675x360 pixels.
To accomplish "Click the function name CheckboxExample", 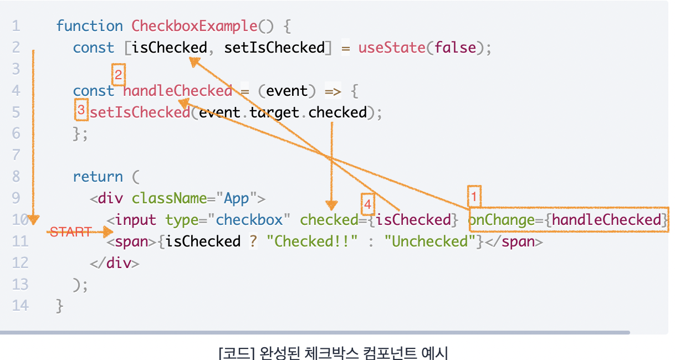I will tap(194, 26).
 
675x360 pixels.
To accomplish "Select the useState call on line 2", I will tap(391, 48).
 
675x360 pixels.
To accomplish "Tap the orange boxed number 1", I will tap(474, 196).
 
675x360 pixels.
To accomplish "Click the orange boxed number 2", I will tap(118, 74).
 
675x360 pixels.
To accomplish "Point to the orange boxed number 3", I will tap(81, 111).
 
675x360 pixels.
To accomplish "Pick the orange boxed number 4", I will tap(367, 204).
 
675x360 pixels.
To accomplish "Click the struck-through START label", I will tap(70, 232).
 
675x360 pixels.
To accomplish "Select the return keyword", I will tap(98, 177).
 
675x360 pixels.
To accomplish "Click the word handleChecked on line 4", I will tap(177, 90).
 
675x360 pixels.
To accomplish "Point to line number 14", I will tap(19, 305).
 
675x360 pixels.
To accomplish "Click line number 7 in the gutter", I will tap(16, 155).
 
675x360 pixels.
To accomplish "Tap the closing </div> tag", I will tap(114, 263).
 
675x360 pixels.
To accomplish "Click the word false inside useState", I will tap(455, 48).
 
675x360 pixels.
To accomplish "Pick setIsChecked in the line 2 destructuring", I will tap(274, 48).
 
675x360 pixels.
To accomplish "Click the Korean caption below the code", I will tap(333, 352).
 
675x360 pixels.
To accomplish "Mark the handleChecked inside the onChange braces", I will tap(606, 220).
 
